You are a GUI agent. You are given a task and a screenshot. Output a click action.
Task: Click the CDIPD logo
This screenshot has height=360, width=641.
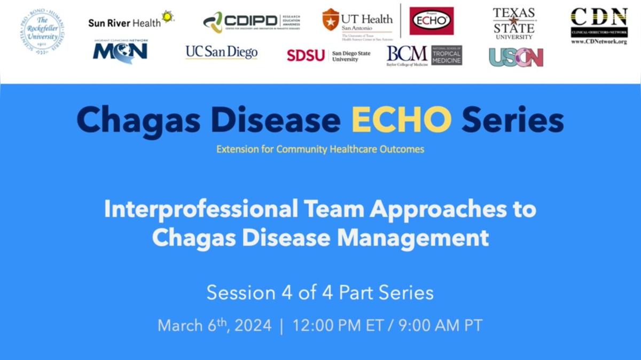point(251,22)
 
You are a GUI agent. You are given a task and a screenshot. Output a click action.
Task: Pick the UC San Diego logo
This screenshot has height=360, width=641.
point(222,52)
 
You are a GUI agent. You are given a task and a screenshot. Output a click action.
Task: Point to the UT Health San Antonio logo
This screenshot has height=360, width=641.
point(358,23)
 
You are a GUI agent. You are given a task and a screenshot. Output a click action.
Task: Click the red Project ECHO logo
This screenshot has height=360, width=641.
point(431,21)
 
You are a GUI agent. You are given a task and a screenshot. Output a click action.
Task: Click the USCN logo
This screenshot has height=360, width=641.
point(516,57)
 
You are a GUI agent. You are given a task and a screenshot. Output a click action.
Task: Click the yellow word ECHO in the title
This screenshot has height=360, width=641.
point(401,121)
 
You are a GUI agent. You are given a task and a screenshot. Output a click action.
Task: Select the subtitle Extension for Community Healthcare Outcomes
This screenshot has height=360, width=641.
point(320,149)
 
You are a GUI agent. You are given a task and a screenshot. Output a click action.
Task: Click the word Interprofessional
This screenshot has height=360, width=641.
point(200,209)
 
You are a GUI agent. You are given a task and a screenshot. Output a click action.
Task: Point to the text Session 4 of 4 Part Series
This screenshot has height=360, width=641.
point(320,293)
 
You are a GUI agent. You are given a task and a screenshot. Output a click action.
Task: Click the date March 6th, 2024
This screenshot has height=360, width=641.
point(214,325)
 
